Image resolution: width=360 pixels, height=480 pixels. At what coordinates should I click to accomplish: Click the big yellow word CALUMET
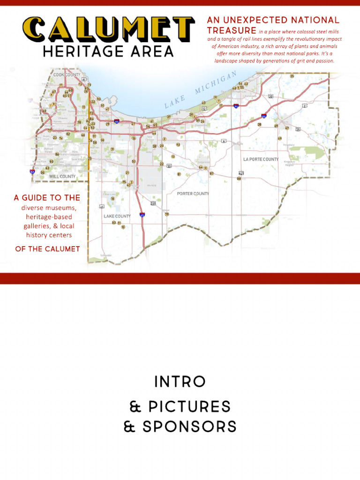(109, 29)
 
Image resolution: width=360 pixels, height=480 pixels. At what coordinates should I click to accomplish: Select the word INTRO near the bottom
(180, 382)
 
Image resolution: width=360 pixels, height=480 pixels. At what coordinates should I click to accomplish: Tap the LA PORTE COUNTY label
(261, 159)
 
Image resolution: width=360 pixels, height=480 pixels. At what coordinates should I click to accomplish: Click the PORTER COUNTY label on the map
(193, 194)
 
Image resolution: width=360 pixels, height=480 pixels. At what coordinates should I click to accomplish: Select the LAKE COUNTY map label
(117, 216)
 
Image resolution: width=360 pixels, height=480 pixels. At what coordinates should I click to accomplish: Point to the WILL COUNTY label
(62, 177)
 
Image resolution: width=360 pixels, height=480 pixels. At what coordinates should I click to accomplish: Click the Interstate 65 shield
(142, 215)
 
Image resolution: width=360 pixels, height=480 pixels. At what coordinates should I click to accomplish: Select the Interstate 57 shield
(32, 172)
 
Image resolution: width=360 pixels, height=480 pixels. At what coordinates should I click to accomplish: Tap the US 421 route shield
(241, 173)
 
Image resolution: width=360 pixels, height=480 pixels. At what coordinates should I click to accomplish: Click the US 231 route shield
(153, 203)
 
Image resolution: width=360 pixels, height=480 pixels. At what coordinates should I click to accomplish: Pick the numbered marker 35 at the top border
(292, 76)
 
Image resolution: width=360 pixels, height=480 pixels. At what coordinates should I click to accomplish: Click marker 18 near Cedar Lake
(112, 199)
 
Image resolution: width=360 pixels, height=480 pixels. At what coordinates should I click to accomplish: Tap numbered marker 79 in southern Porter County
(166, 214)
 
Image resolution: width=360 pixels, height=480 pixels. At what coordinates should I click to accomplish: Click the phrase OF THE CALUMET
(47, 249)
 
